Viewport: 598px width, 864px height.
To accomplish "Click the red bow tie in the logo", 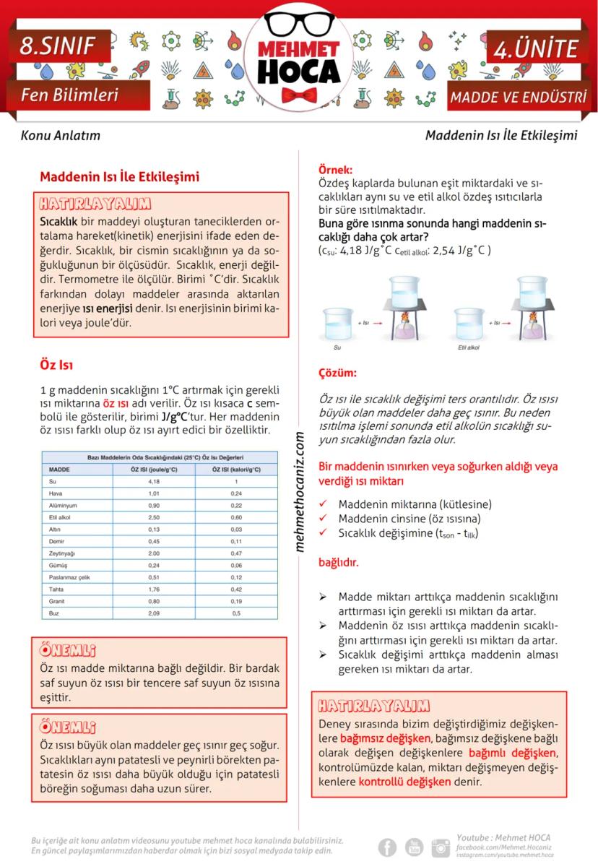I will click(x=300, y=94).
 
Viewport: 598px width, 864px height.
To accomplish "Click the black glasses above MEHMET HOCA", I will click(x=299, y=24).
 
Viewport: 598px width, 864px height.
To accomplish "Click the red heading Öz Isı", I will click(x=56, y=365).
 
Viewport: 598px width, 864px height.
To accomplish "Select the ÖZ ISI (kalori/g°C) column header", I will click(x=236, y=469).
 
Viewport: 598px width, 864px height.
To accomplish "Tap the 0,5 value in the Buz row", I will click(x=236, y=613).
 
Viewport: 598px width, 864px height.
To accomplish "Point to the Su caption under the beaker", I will click(x=337, y=347).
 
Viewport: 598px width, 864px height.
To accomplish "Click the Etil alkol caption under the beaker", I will click(x=469, y=347).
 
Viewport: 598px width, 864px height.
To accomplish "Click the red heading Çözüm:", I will click(x=337, y=373).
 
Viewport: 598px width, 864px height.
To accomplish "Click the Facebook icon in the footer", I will click(x=388, y=847).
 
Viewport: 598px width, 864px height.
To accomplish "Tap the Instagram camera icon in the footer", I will click(x=440, y=847).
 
